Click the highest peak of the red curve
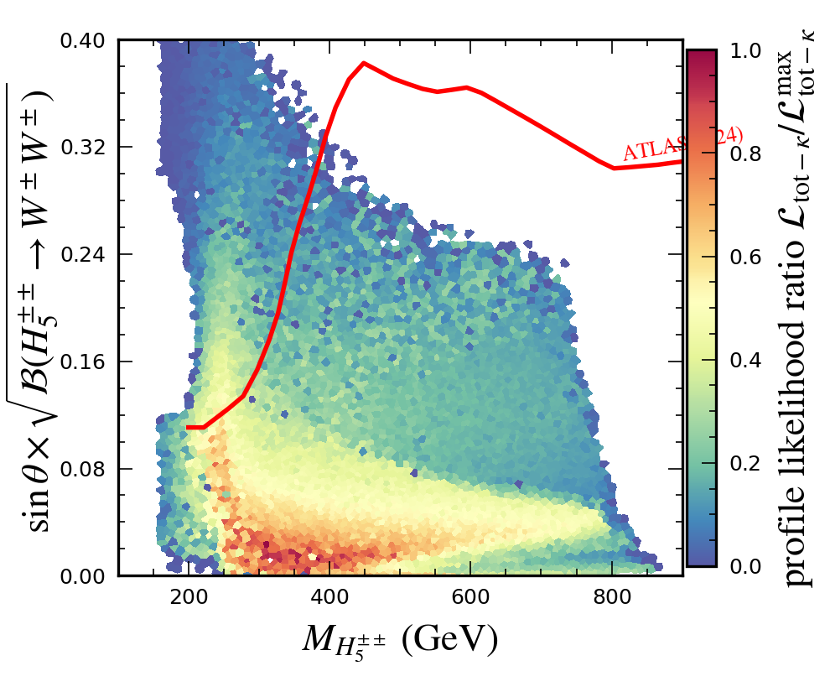(x=363, y=63)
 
